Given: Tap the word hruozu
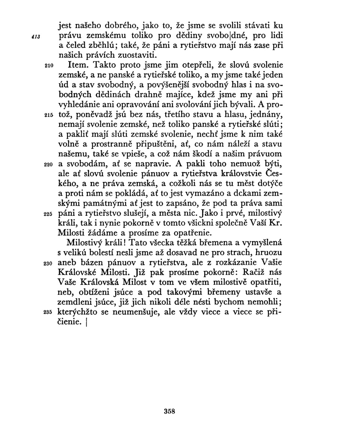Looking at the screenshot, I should coord(268,253).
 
